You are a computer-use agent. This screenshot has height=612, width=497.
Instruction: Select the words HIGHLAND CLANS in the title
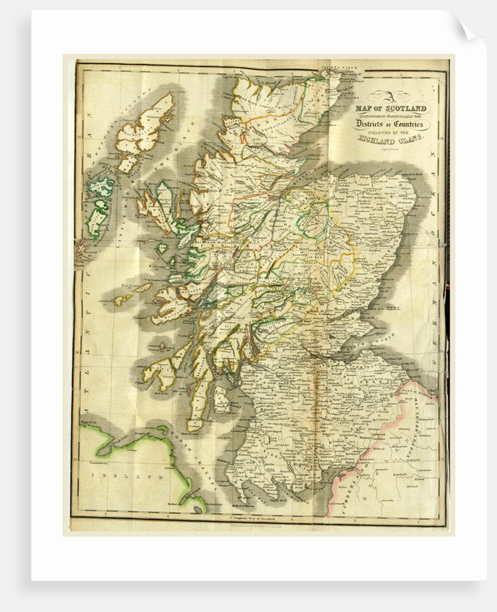390,142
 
